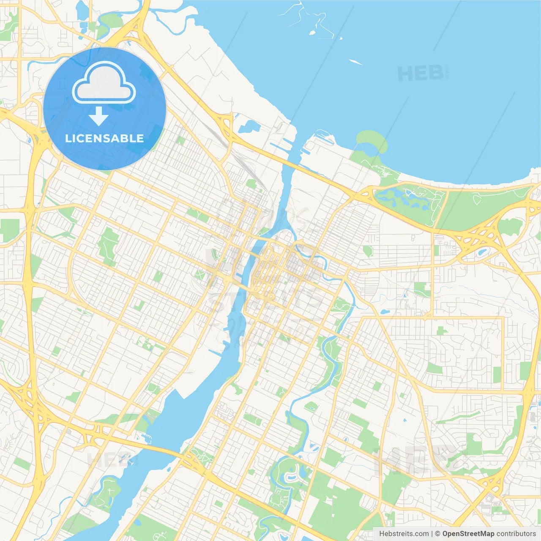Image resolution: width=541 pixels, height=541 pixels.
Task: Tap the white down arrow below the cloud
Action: click(98, 116)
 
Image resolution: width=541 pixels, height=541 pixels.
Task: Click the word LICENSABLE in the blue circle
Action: click(104, 138)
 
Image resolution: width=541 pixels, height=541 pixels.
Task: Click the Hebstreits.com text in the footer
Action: click(404, 534)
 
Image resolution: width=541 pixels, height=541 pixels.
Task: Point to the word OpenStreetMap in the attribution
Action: click(468, 534)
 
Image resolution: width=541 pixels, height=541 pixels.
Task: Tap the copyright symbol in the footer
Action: click(437, 534)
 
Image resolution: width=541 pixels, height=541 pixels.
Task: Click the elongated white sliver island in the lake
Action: click(356, 62)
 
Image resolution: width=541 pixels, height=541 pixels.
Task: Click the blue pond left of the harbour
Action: click(249, 126)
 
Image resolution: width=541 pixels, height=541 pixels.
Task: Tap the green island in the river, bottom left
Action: click(106, 492)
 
